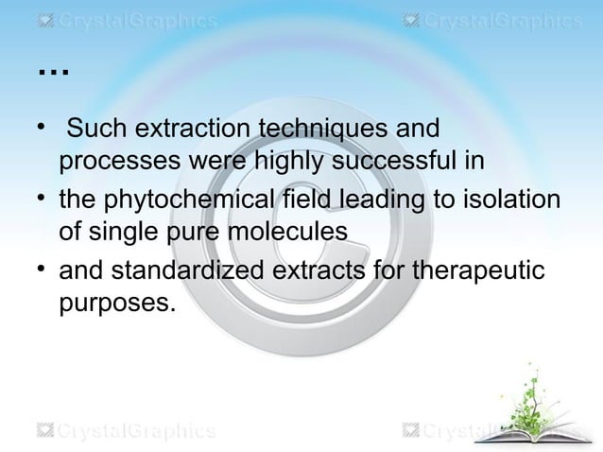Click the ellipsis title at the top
(x=54, y=70)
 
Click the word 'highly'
(x=283, y=162)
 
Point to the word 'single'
(x=126, y=232)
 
